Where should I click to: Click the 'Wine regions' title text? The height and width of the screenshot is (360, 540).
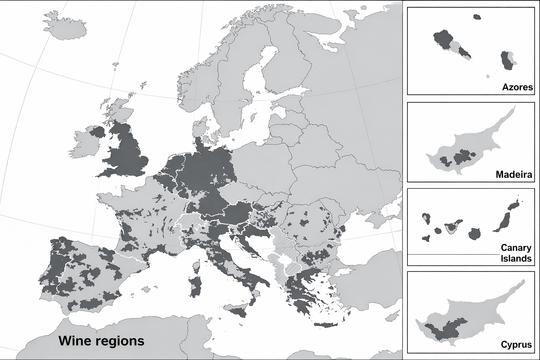pyautogui.click(x=101, y=341)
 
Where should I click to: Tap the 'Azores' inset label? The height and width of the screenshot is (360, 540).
pyautogui.click(x=517, y=87)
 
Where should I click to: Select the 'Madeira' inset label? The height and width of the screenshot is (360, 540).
pyautogui.click(x=514, y=174)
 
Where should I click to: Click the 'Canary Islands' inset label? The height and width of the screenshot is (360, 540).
pyautogui.click(x=516, y=253)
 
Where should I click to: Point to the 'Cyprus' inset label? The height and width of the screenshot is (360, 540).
pyautogui.click(x=516, y=344)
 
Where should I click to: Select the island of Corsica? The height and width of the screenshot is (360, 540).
pyautogui.click(x=197, y=266)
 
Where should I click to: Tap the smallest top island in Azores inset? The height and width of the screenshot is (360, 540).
pyautogui.click(x=477, y=17)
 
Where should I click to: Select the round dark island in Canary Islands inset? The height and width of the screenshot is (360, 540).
pyautogui.click(x=474, y=234)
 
